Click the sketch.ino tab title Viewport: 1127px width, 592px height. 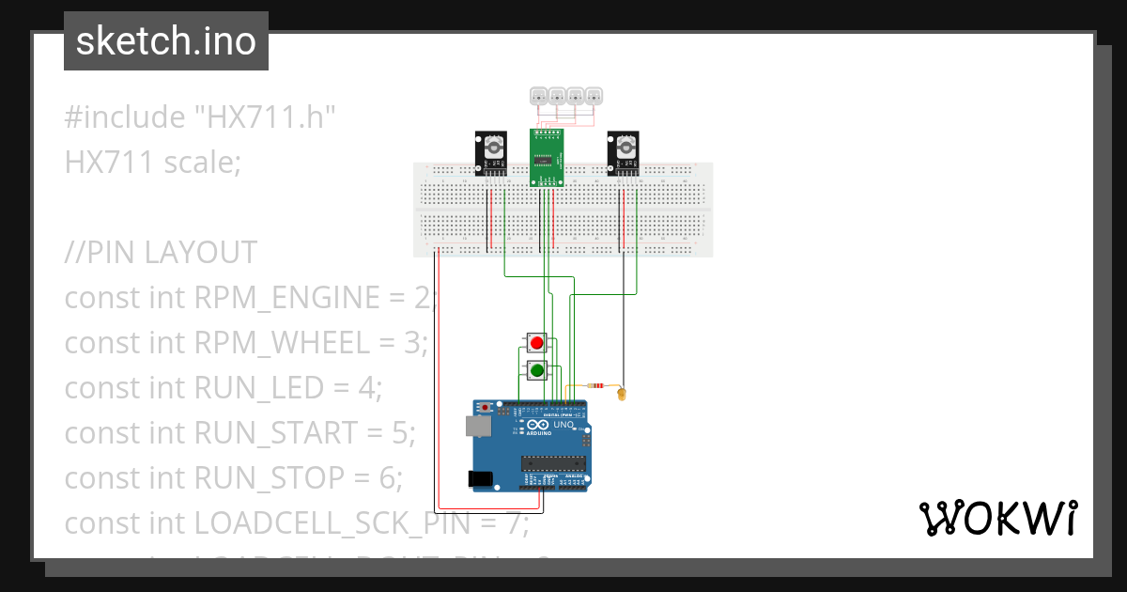[166, 41]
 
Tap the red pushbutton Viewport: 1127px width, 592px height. [537, 343]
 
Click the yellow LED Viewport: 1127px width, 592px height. [622, 395]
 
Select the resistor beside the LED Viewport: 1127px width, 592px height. [594, 385]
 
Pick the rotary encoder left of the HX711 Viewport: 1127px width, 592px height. [490, 153]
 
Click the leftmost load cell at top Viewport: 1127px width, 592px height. [539, 95]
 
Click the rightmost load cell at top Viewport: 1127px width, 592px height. [594, 95]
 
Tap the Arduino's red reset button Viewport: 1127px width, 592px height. [485, 409]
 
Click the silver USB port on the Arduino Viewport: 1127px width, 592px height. [476, 427]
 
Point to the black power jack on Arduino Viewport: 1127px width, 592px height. [481, 478]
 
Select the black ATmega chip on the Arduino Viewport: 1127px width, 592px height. [554, 461]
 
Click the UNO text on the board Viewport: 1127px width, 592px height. [563, 425]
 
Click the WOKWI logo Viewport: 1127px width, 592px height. [996, 518]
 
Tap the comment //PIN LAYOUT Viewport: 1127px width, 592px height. [160, 253]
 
